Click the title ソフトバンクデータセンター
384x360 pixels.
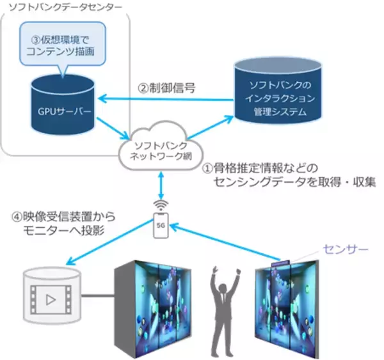56,8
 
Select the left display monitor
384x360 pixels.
153,306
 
